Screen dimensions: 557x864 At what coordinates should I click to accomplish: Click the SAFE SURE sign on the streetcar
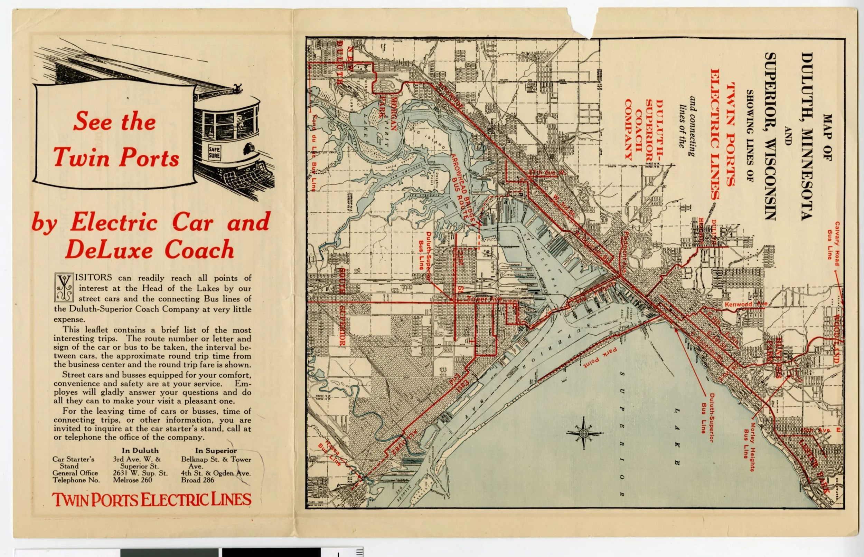point(214,153)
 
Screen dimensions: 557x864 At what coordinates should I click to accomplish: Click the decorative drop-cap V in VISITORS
point(64,288)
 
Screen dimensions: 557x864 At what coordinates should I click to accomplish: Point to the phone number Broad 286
point(198,480)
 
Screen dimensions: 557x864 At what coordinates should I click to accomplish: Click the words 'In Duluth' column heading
point(140,451)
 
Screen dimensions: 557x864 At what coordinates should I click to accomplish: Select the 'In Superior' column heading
point(216,451)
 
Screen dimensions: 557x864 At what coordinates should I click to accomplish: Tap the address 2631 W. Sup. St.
point(140,473)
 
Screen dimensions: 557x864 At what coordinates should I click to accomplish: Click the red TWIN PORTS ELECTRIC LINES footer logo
point(152,500)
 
